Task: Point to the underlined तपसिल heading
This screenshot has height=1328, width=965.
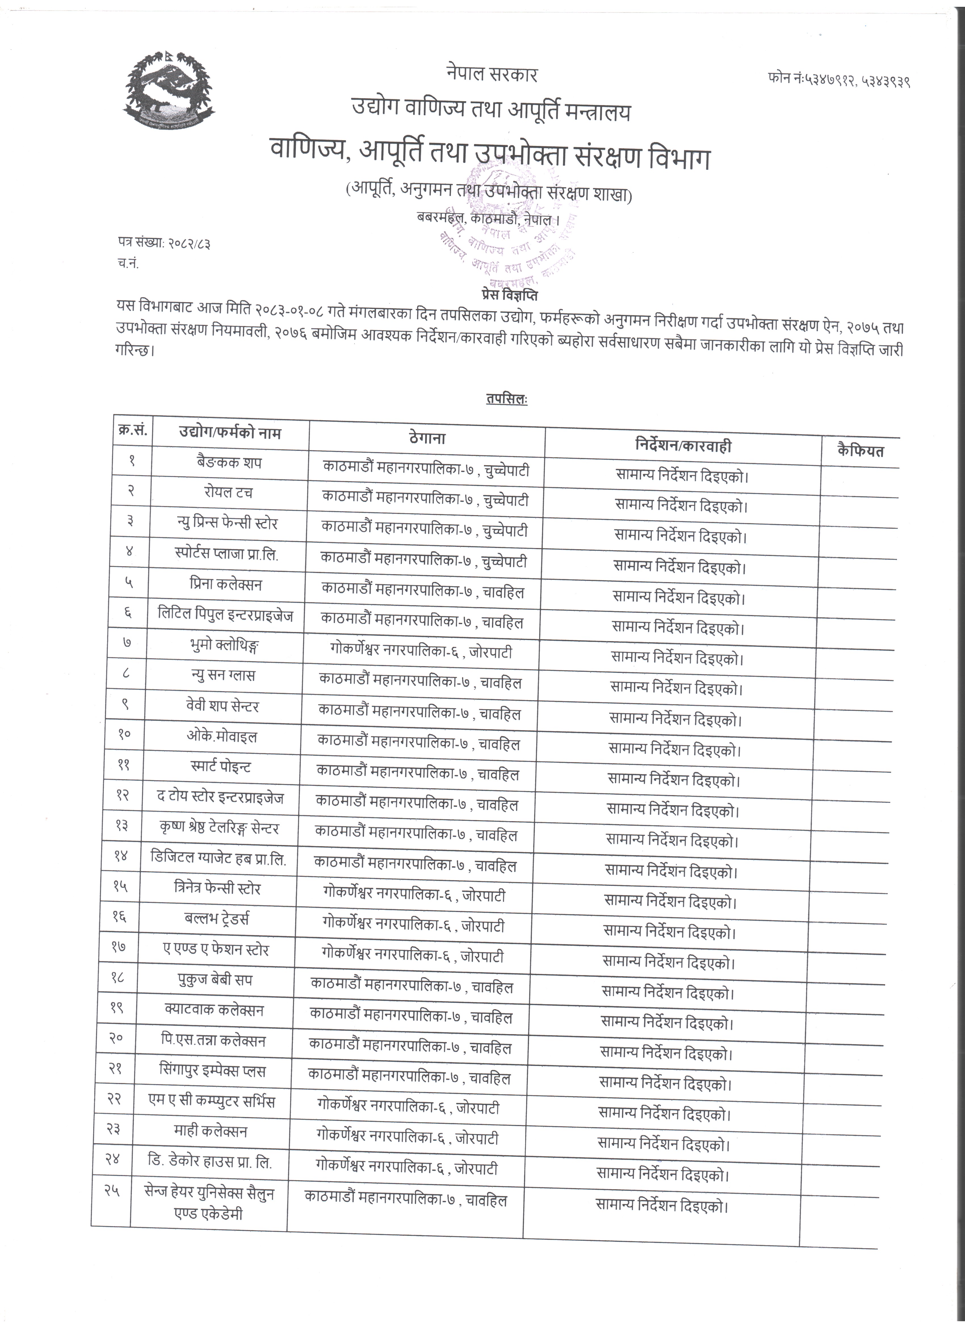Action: click(x=506, y=399)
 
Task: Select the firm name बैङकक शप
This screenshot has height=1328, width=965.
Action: click(x=229, y=463)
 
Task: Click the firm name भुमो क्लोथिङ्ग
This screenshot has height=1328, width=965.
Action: click(x=220, y=645)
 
